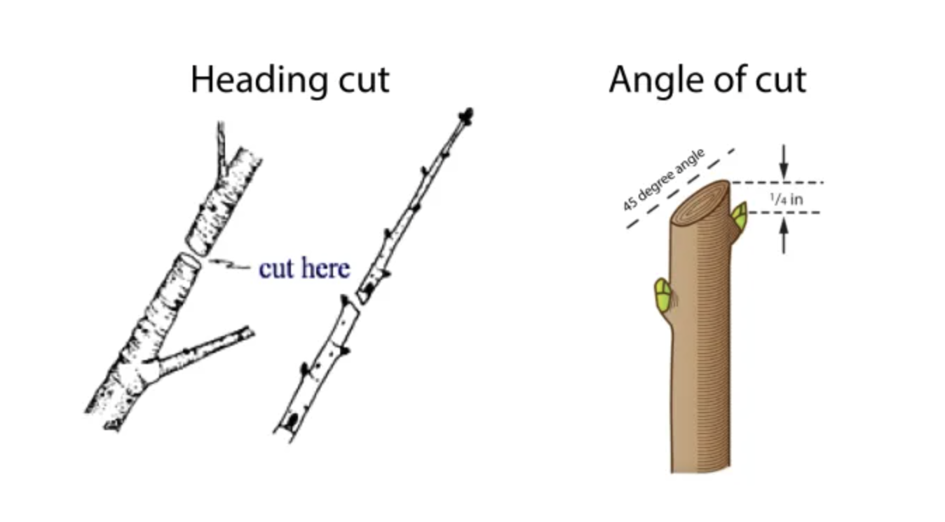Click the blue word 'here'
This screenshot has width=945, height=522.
coord(327,267)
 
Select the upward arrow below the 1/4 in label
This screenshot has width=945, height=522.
coord(784,235)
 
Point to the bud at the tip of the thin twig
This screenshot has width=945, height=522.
coord(465,116)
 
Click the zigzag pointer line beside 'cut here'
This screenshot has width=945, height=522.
coord(228,265)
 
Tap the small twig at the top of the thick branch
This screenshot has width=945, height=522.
coord(221,143)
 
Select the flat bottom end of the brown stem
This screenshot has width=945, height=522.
coord(700,469)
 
